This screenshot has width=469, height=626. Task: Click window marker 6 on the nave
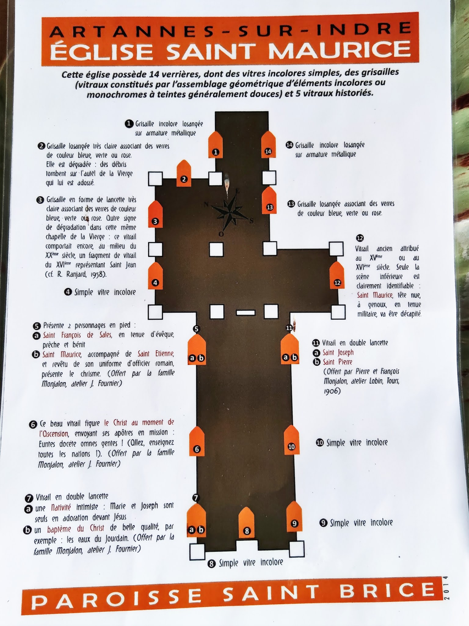pyautogui.click(x=197, y=441)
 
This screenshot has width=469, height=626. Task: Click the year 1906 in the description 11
pyautogui.click(x=332, y=391)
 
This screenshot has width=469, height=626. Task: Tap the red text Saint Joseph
pyautogui.click(x=338, y=352)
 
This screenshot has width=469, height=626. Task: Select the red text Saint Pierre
pyautogui.click(x=337, y=362)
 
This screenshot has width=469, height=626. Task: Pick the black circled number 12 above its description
pyautogui.click(x=360, y=238)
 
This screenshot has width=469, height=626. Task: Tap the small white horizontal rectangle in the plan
pyautogui.click(x=245, y=312)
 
